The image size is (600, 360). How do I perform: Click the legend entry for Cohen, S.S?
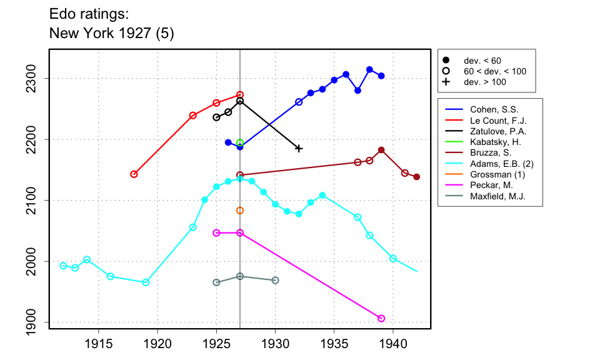point(488,109)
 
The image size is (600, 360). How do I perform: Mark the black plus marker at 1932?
point(299,148)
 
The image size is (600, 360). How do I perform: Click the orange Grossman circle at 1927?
point(240,211)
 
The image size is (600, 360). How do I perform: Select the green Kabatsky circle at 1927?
point(240,142)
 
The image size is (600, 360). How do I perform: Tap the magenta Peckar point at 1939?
point(381,318)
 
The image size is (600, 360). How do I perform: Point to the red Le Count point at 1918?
point(134,174)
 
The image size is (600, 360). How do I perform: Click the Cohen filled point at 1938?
point(369,69)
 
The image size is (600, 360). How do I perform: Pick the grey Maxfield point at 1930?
point(275,280)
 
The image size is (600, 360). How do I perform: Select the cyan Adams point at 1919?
point(146,282)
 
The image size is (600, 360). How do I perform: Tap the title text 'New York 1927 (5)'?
point(111,34)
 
